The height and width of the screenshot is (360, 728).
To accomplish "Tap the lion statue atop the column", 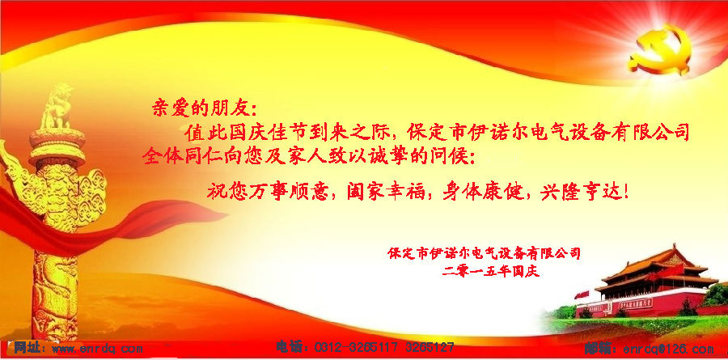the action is click(56, 107).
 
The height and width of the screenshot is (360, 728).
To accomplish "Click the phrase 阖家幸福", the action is click(386, 191).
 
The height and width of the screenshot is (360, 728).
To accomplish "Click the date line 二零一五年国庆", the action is click(491, 271).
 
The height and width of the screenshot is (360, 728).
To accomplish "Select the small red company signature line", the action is click(485, 254).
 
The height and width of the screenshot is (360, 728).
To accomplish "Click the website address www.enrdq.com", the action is click(97, 348).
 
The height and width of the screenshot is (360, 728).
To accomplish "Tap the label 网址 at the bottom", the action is click(27, 347).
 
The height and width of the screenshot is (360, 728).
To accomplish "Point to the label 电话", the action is click(290, 346).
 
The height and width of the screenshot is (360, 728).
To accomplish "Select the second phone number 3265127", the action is click(430, 347).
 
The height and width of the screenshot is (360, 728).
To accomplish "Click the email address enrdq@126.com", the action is click(668, 349).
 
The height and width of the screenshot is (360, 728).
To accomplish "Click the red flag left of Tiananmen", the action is click(581, 294).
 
